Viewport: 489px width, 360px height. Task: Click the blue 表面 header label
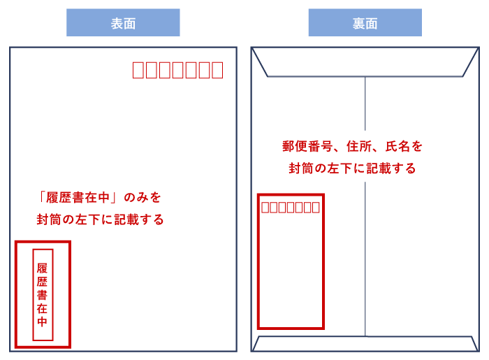[x=123, y=23]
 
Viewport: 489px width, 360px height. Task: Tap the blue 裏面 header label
[x=365, y=23]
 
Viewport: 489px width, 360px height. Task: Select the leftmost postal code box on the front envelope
[x=138, y=70]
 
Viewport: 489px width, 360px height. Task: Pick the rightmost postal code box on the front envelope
[x=217, y=70]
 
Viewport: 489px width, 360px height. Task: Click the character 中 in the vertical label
[x=43, y=322]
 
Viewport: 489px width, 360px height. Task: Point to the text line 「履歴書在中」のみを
[x=101, y=198]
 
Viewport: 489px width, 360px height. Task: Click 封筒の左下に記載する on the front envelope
[x=101, y=219]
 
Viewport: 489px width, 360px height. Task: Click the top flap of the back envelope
[x=365, y=62]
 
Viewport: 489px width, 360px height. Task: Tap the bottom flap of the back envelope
[x=365, y=344]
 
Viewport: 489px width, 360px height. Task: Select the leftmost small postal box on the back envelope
[x=265, y=207]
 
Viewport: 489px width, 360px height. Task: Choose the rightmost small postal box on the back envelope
[x=316, y=207]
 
